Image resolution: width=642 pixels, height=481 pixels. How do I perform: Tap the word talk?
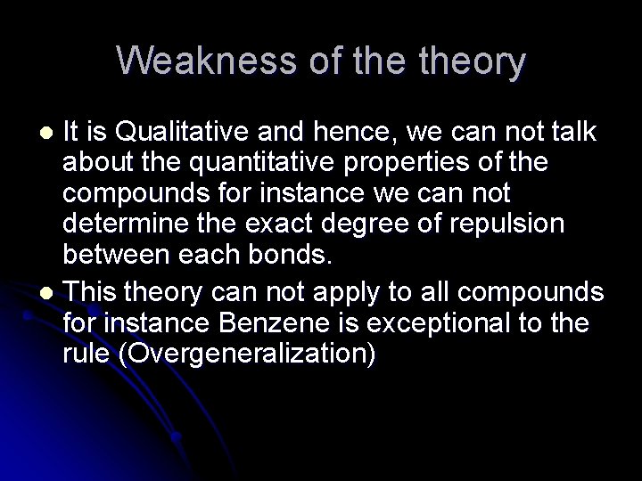pyautogui.click(x=575, y=133)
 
